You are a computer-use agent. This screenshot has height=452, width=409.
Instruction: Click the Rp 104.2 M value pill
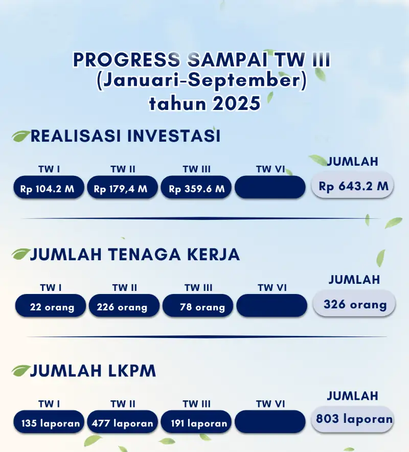coord(49,187)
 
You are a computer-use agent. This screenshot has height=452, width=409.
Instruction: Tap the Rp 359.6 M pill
coord(196,187)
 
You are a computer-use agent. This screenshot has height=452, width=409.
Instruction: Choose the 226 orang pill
coord(124,306)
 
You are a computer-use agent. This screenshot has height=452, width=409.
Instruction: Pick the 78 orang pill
coord(198,306)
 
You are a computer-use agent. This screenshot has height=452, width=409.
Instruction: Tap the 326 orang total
coord(354,304)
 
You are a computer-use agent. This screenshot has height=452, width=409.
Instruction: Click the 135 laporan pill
coord(49,422)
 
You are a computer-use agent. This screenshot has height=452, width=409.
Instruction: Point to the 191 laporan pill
coord(196,422)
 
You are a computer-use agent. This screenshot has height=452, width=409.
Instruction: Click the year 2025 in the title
coord(236,103)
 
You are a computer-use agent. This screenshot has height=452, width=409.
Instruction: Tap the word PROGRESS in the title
coord(127,60)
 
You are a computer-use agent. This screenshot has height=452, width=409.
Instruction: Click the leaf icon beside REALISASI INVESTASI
coord(21,136)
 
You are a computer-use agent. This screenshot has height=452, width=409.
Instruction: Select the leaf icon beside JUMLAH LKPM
coord(21,371)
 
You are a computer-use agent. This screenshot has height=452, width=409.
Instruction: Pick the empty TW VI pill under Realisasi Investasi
coord(270,187)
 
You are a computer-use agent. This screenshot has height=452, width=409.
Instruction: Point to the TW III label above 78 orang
coord(198,288)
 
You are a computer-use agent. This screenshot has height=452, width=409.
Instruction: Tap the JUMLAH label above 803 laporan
coord(352,396)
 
